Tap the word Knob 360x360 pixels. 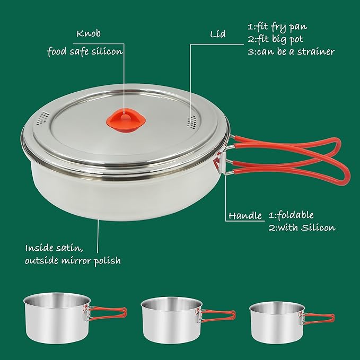coord(88,33)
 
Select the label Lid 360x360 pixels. coord(217,34)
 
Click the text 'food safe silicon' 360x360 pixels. coord(85,51)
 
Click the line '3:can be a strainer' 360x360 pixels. coord(291,51)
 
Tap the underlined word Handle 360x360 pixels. coord(245,216)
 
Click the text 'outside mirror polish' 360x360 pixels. coord(73,260)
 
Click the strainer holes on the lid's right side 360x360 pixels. coord(191,120)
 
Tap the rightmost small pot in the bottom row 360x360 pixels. coord(276,320)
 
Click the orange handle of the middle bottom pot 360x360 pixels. coord(217,316)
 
